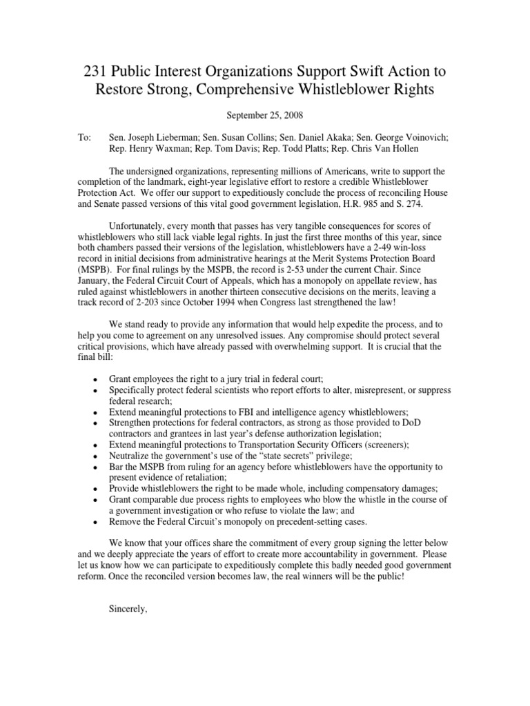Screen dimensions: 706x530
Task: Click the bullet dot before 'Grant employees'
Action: pyautogui.click(x=93, y=380)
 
